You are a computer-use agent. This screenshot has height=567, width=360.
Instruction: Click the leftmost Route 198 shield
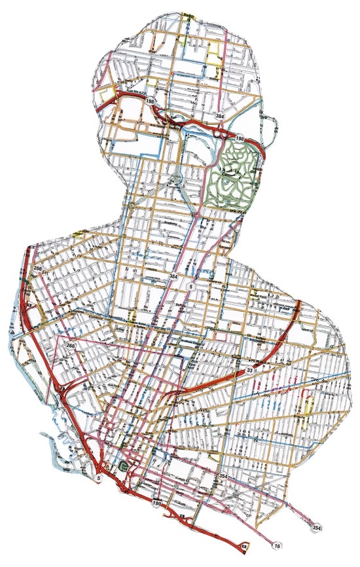tap(151, 101)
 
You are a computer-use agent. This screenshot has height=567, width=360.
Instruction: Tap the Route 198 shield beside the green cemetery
tap(240, 139)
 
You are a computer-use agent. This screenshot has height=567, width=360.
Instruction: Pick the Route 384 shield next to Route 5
tap(173, 277)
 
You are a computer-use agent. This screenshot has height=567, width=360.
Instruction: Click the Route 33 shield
tap(250, 371)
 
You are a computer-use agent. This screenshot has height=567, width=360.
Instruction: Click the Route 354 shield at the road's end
tap(317, 527)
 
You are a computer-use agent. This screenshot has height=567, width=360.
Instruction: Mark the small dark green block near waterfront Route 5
tap(124, 467)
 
